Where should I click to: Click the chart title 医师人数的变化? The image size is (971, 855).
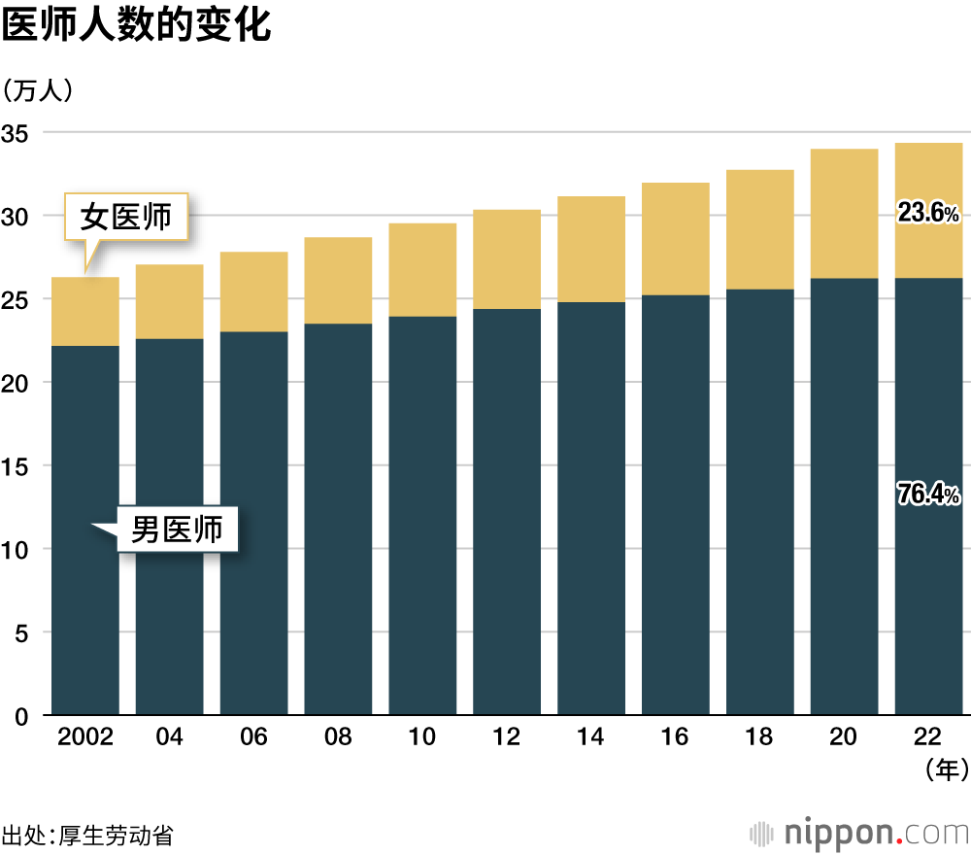[136, 26]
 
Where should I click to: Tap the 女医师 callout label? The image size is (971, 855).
[125, 217]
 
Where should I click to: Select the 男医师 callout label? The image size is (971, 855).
[177, 530]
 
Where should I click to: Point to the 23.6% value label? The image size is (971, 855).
[928, 213]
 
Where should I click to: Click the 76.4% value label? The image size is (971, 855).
[928, 496]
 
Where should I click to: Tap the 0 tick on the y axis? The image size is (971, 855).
[19, 716]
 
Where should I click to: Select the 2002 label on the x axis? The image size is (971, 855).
[85, 737]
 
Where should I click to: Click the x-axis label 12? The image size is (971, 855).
[506, 737]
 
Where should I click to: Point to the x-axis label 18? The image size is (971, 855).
[759, 737]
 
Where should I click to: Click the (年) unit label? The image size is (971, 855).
[943, 770]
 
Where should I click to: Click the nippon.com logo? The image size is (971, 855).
[859, 833]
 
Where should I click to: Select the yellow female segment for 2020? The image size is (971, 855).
[844, 214]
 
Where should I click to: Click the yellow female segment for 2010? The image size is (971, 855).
[422, 270]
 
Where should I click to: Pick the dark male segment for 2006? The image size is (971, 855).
[253, 525]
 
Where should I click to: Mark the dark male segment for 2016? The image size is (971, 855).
[675, 505]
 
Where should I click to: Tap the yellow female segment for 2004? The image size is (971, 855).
[169, 301]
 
